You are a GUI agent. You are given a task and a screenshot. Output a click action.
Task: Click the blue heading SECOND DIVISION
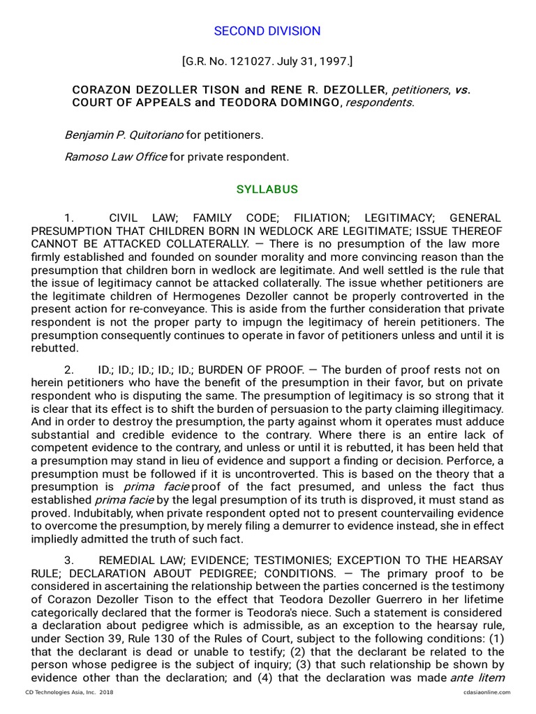267,31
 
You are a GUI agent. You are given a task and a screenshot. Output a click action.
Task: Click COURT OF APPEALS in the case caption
131,102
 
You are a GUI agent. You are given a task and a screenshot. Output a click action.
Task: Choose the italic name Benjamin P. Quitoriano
124,135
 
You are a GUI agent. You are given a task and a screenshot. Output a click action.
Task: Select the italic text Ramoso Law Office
115,157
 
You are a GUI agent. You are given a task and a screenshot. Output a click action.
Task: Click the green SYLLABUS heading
267,190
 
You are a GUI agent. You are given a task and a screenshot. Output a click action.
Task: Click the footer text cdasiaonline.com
486,692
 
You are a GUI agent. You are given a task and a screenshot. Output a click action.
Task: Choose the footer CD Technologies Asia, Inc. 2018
69,692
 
